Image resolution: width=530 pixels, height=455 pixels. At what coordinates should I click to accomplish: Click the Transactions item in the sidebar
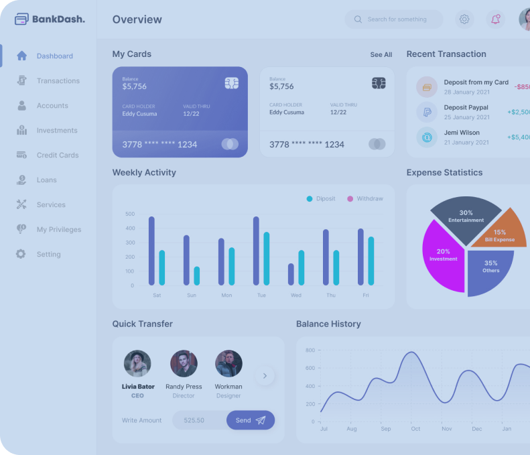(x=58, y=81)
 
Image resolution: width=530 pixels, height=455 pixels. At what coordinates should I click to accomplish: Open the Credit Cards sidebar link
(x=57, y=155)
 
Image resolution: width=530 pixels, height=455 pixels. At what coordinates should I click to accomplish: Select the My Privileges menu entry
(x=58, y=230)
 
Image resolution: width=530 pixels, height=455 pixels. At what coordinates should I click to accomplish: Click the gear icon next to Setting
(x=21, y=255)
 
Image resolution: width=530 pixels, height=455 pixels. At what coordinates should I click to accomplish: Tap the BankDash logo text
(x=58, y=19)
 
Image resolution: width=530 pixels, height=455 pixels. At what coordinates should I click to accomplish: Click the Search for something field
(x=397, y=19)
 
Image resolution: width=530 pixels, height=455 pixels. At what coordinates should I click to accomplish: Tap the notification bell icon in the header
(x=496, y=19)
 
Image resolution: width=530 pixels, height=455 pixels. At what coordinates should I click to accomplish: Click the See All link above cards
(x=381, y=55)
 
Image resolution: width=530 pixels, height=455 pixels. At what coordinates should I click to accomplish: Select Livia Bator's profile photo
(x=137, y=364)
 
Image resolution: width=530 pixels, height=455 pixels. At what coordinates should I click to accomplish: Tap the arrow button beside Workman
(x=265, y=376)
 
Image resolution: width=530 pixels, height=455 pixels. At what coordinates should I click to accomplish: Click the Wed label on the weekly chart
(x=296, y=296)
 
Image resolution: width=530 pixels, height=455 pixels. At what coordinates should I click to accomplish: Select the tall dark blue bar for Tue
(x=256, y=251)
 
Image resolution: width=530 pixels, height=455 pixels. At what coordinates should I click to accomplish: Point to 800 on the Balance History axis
(x=310, y=350)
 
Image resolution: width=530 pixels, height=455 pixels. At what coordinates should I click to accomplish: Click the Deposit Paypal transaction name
(x=466, y=107)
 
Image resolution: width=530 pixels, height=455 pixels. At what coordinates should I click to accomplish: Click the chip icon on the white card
(x=379, y=83)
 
